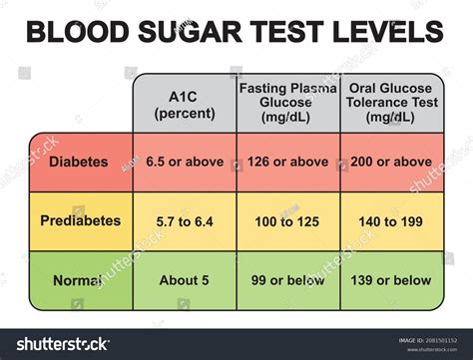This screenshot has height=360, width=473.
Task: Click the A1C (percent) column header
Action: pos(185,103)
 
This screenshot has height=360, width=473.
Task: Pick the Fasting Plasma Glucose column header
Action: pos(288,103)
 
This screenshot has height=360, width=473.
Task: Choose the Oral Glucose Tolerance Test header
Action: pos(391,103)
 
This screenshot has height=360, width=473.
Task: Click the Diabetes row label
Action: pos(81,162)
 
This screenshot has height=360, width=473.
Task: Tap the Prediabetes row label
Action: pos(81,220)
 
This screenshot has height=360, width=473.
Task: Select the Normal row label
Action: pos(81,280)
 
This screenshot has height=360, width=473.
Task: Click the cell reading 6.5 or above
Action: pos(185,162)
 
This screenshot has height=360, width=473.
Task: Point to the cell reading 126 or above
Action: pos(288,162)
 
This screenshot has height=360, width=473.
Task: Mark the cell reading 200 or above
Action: pos(391,162)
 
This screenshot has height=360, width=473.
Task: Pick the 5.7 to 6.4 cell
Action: pos(185,220)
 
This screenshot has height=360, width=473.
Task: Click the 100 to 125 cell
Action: pos(288,220)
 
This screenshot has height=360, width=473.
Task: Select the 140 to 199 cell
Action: pos(391,220)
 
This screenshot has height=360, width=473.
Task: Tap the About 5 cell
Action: pos(185,280)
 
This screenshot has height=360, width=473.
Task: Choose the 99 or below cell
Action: pos(288,280)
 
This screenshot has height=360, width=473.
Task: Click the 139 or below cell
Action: pos(391,280)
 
